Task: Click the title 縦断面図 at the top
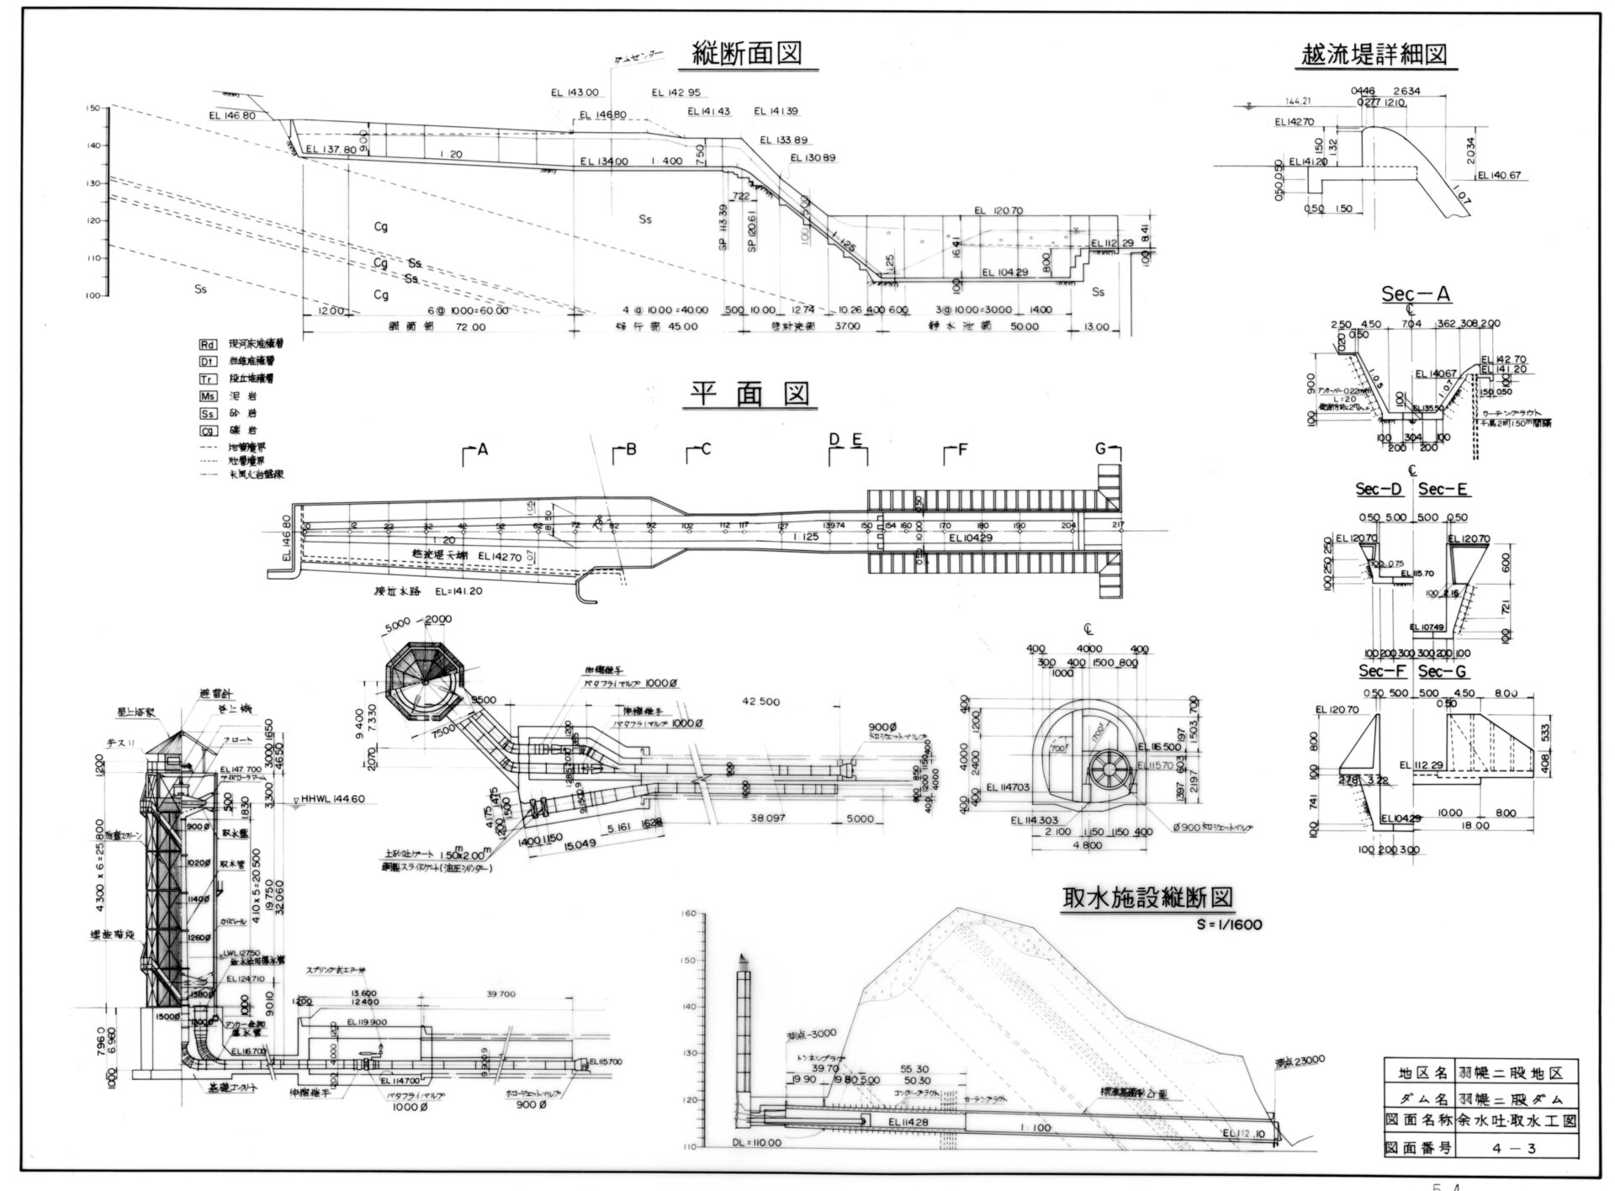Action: click(x=745, y=53)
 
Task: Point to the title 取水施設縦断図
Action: click(x=1147, y=897)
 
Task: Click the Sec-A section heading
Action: click(x=1416, y=294)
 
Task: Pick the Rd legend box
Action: click(x=208, y=345)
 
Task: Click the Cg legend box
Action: click(x=208, y=431)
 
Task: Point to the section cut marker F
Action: click(x=961, y=450)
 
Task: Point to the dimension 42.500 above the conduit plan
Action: click(x=760, y=701)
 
